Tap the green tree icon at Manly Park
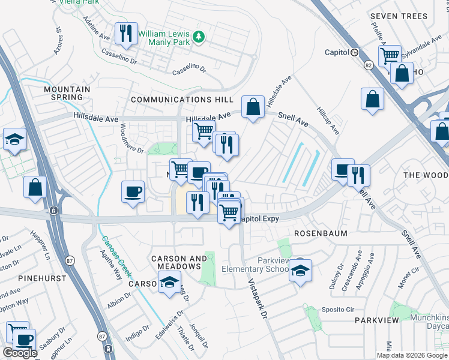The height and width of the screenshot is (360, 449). point(199,38)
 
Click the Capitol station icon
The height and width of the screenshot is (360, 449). point(355,52)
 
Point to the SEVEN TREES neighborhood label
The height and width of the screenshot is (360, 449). point(399,16)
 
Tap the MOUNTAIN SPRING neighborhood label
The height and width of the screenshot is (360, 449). point(67,93)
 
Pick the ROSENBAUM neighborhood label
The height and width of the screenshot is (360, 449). point(321,233)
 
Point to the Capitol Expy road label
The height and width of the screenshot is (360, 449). point(259,219)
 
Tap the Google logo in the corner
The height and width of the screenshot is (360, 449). point(20,353)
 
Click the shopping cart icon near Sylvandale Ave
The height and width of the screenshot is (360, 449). point(390,55)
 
